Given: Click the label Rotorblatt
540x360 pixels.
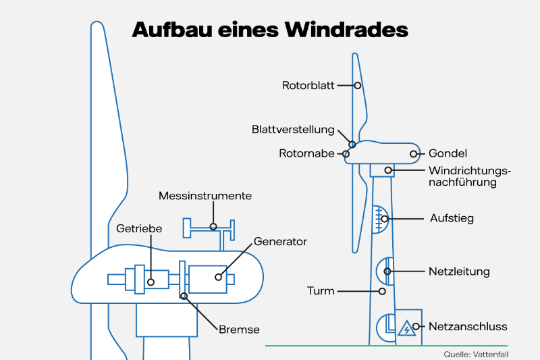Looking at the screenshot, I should pyautogui.click(x=308, y=86).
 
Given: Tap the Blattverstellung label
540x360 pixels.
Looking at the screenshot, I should pyautogui.click(x=293, y=129).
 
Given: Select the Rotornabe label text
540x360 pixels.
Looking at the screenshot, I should pyautogui.click(x=306, y=154).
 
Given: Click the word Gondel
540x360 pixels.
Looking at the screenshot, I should pyautogui.click(x=448, y=154).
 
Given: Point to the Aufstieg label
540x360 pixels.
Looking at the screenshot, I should pyautogui.click(x=452, y=218).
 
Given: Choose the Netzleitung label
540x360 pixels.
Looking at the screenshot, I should pyautogui.click(x=459, y=272).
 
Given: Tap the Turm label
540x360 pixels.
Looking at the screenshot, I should pyautogui.click(x=321, y=291).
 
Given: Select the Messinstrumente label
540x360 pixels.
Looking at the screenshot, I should pyautogui.click(x=205, y=196).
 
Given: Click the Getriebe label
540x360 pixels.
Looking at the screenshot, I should pyautogui.click(x=139, y=228).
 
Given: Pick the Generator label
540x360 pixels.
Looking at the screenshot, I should pyautogui.click(x=280, y=242).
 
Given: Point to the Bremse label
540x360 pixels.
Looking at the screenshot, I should pyautogui.click(x=239, y=330).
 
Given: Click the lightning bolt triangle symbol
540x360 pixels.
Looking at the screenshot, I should pyautogui.click(x=406, y=329).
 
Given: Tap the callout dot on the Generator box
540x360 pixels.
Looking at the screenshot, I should pyautogui.click(x=218, y=276).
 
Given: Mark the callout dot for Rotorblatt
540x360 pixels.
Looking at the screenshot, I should pyautogui.click(x=358, y=86).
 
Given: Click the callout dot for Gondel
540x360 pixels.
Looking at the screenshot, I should pyautogui.click(x=414, y=154).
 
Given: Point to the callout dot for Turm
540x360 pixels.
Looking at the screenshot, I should pyautogui.click(x=383, y=291).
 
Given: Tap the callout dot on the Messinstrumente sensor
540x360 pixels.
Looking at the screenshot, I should pyautogui.click(x=213, y=226).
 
